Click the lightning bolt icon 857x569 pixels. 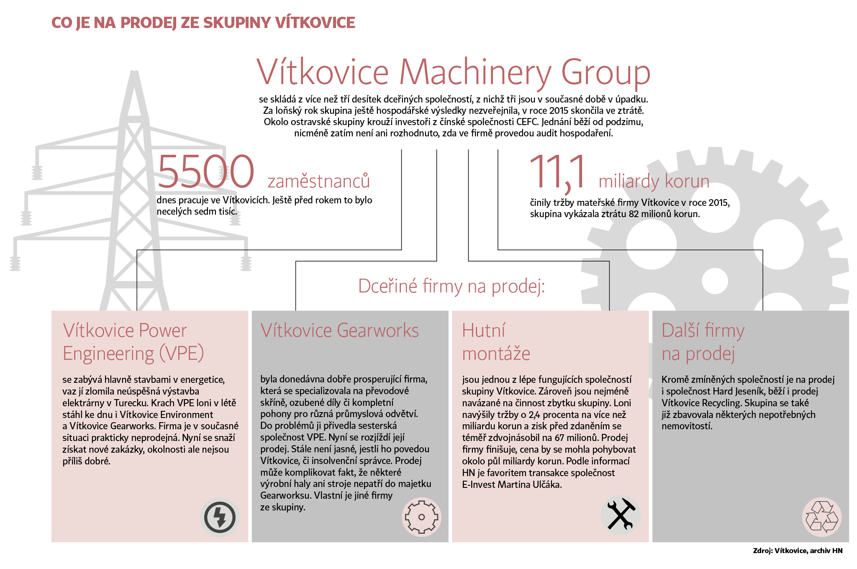(x=220, y=517)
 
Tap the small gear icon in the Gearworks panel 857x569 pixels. (x=421, y=517)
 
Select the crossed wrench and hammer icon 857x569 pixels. (x=621, y=515)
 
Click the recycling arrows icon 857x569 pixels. (x=822, y=517)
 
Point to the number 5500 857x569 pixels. (x=206, y=172)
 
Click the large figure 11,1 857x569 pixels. (x=558, y=172)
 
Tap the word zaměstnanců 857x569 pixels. (x=318, y=181)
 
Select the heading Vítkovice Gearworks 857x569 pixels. (x=339, y=331)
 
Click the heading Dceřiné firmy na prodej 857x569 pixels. (x=452, y=286)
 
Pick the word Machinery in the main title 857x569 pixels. (x=475, y=72)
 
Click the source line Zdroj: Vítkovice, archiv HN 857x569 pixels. (x=798, y=551)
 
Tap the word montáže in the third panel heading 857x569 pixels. (x=496, y=354)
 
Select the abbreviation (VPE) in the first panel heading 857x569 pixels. (x=181, y=354)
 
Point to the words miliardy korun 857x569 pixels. (x=654, y=182)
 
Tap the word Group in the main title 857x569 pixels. (x=606, y=72)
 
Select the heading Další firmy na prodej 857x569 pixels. (x=703, y=342)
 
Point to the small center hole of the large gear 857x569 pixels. (x=715, y=280)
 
